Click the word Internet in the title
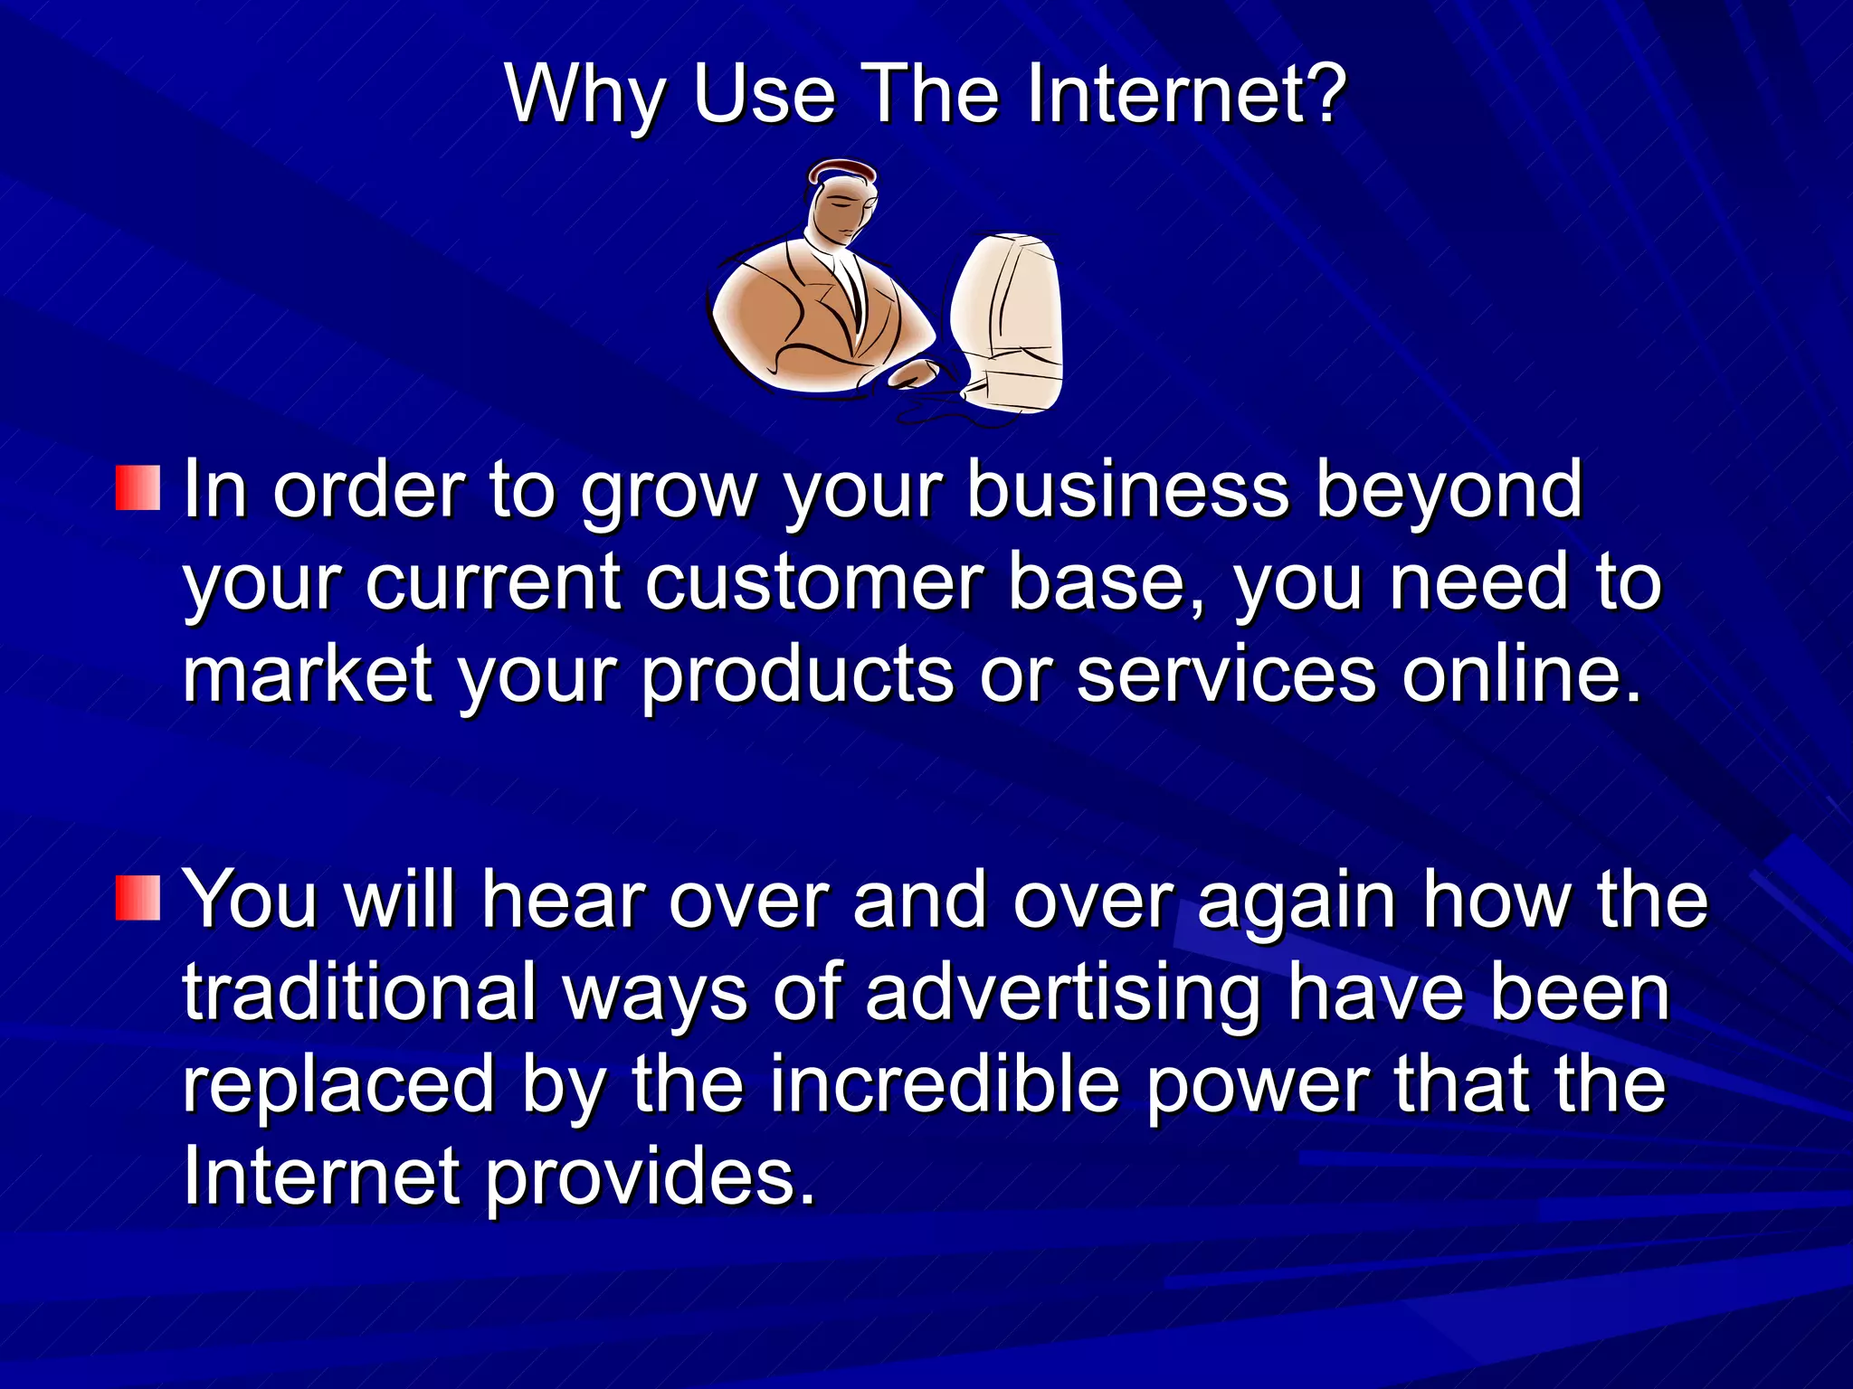click(1185, 94)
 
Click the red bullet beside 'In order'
click(138, 488)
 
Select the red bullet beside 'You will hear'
click(138, 898)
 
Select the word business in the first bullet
click(1127, 490)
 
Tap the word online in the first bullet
click(1520, 675)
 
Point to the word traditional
click(359, 992)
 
